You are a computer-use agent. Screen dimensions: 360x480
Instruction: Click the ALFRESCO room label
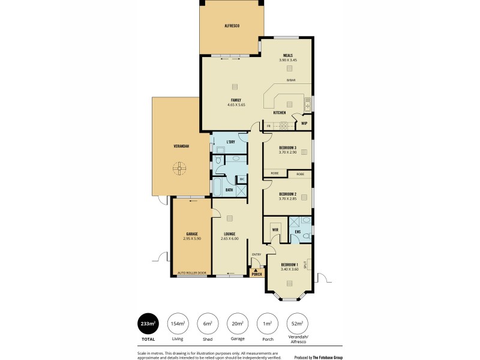click(232, 26)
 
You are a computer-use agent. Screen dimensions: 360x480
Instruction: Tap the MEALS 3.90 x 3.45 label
click(288, 58)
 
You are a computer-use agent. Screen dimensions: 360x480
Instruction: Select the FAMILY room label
click(236, 102)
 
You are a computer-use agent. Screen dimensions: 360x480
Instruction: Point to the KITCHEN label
click(280, 113)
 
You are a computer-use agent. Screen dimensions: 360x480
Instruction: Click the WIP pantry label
click(304, 124)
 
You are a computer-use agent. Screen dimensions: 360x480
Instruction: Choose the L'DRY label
click(230, 142)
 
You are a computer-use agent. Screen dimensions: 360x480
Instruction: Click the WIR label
click(275, 229)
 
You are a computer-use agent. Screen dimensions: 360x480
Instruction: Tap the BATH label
click(229, 190)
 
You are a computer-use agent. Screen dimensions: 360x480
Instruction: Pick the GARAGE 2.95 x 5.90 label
click(191, 236)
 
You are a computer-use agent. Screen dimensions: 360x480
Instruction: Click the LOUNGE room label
click(229, 236)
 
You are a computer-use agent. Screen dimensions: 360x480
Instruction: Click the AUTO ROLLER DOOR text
click(192, 273)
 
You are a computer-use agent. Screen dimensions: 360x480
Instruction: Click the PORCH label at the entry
click(257, 275)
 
